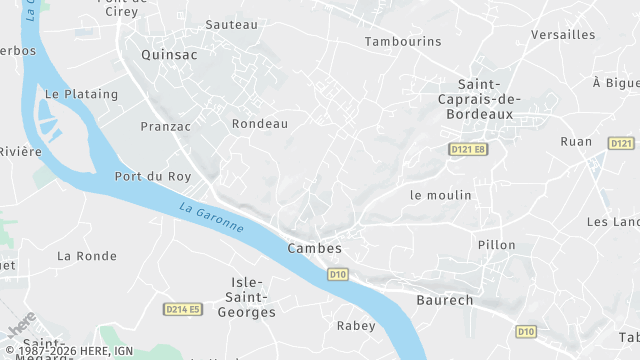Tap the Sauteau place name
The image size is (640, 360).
(x=231, y=24)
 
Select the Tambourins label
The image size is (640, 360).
(x=403, y=42)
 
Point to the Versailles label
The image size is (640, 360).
(x=563, y=35)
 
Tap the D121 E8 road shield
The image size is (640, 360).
(x=468, y=149)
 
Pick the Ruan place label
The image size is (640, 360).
(x=576, y=142)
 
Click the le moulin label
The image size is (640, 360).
(x=440, y=195)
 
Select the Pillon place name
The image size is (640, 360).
(x=497, y=245)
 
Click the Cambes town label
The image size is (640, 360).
(x=314, y=248)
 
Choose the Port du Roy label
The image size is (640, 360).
(x=153, y=177)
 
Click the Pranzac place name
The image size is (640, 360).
(x=165, y=126)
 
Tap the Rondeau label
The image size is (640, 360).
(x=259, y=124)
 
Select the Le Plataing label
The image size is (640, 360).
(x=81, y=94)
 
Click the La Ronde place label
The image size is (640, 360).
(x=87, y=256)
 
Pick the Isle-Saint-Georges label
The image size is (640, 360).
(x=253, y=297)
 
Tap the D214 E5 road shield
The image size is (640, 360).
(x=183, y=310)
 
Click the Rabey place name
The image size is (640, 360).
(x=356, y=326)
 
